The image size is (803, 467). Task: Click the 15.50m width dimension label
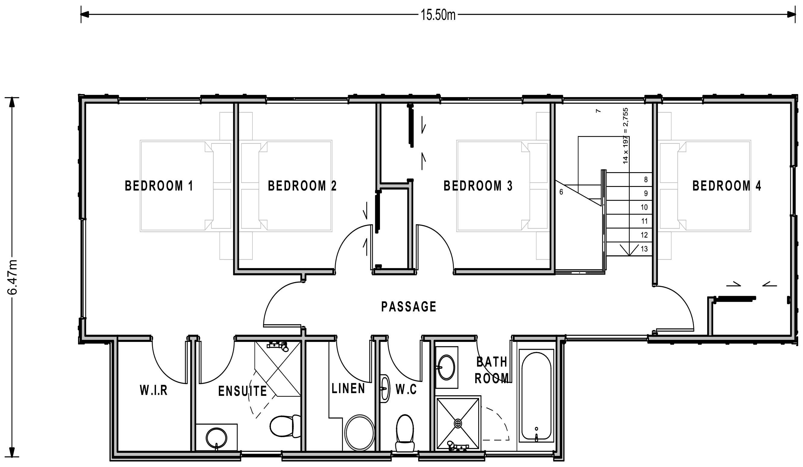[438, 15]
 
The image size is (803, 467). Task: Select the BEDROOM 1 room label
[159, 186]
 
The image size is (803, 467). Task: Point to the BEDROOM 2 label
[302, 186]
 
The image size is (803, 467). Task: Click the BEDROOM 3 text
[478, 186]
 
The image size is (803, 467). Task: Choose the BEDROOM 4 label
[727, 186]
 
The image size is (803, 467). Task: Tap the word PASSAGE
[409, 307]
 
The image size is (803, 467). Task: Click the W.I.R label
[154, 390]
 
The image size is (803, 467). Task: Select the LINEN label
[348, 388]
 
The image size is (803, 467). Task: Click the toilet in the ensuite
[285, 426]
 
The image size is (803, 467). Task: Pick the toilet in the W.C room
[405, 433]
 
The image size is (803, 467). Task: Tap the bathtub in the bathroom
[537, 396]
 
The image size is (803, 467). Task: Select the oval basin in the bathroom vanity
[447, 368]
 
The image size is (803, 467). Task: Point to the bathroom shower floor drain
[458, 424]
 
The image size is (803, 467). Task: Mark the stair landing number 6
[561, 192]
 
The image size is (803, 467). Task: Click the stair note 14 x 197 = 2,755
[626, 136]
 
